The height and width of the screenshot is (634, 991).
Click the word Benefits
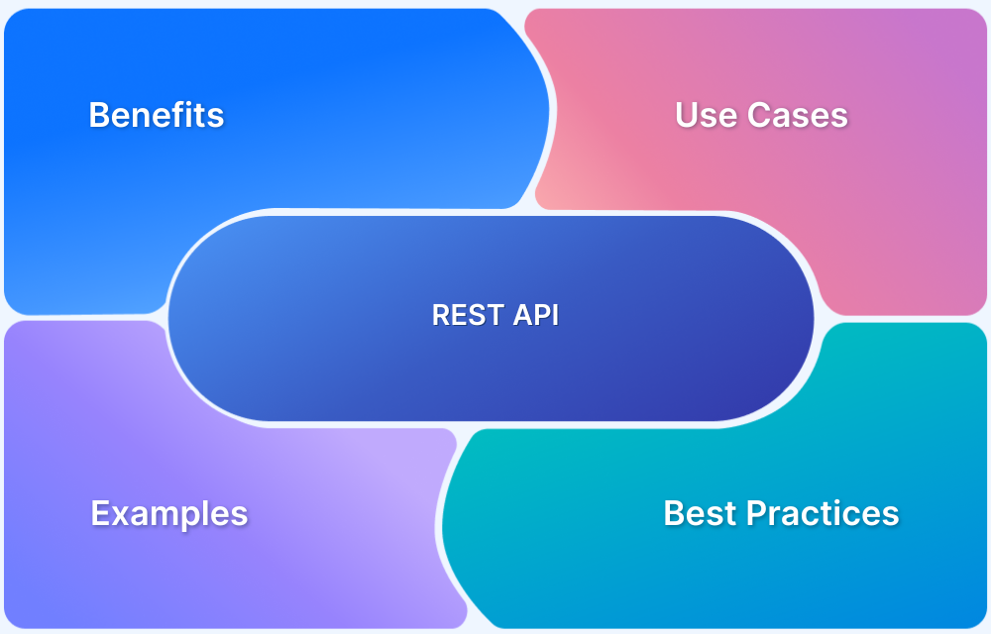157,115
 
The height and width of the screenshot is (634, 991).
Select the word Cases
798,115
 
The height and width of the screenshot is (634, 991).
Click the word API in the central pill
536,315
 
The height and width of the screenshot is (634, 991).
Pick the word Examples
169,514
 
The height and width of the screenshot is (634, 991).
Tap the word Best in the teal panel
701,513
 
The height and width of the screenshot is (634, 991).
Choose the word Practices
823,513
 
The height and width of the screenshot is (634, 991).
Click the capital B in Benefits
99,115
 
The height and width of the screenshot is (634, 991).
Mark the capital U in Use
687,115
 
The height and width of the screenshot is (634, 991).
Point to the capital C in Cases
759,115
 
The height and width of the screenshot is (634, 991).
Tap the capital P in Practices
757,513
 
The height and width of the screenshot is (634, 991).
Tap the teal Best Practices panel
758,530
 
